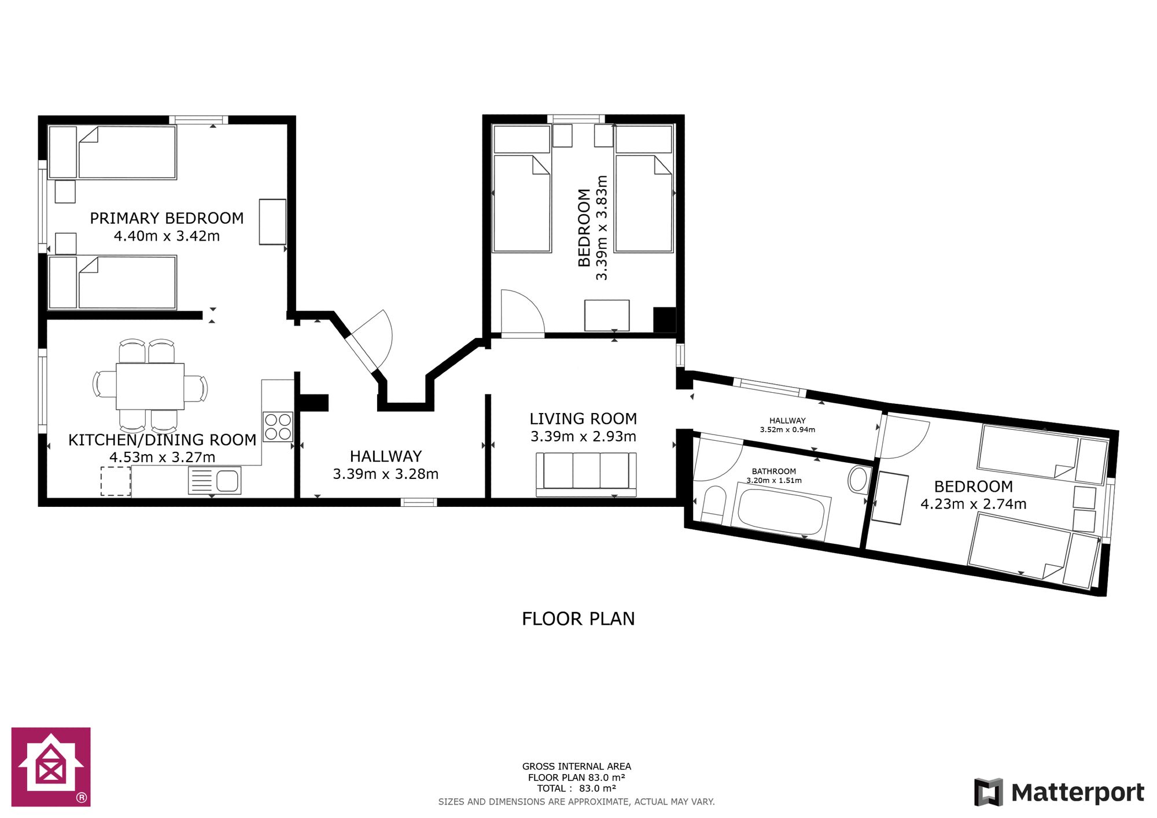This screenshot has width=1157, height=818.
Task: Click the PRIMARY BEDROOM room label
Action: click(167, 218)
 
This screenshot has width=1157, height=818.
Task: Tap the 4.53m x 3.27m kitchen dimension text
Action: click(163, 457)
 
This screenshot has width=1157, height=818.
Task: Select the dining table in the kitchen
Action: click(150, 386)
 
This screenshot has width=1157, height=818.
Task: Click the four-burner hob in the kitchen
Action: click(278, 427)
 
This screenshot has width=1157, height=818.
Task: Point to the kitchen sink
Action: click(215, 481)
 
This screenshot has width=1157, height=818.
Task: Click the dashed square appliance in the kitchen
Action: click(116, 481)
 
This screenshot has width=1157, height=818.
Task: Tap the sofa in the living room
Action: click(586, 474)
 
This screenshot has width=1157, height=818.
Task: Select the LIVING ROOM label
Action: click(583, 419)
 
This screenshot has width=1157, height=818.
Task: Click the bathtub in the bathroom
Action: click(781, 512)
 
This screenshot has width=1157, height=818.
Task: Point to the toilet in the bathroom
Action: click(714, 504)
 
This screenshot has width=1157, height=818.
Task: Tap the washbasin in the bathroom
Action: click(858, 480)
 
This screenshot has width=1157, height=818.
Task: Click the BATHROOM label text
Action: click(774, 471)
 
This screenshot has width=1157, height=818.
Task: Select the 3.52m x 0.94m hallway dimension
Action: click(787, 430)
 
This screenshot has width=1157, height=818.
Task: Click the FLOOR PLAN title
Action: click(578, 619)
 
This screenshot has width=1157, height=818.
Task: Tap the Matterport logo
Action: click(1059, 792)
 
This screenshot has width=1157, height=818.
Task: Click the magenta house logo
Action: click(51, 767)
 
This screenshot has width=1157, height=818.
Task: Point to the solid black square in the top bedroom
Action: click(664, 319)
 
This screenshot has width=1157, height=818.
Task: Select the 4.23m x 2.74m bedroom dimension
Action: click(974, 504)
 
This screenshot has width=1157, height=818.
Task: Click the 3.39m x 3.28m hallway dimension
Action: click(386, 474)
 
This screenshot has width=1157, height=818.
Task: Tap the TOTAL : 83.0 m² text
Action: click(577, 788)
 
